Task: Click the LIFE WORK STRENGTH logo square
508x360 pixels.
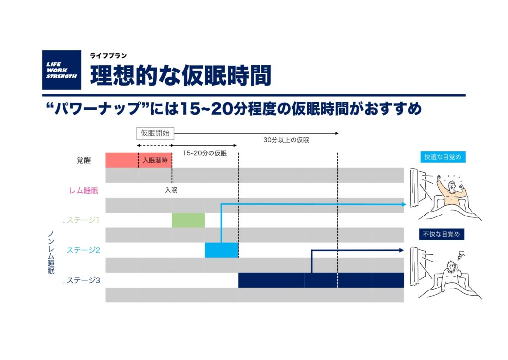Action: coord(62,70)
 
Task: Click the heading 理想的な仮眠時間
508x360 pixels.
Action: coord(181,75)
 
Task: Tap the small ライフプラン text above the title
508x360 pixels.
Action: coord(108,56)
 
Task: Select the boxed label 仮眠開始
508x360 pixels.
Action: coord(155,133)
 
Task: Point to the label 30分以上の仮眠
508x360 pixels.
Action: coord(286,140)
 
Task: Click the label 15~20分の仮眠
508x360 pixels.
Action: coord(205,153)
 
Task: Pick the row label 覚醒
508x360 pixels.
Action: coord(83,160)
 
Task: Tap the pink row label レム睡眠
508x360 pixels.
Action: coord(83,190)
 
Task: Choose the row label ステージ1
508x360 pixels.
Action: coord(83,220)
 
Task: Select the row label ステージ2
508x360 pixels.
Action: coord(83,250)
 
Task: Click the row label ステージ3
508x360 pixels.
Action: coord(83,280)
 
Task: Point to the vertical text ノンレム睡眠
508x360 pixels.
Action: coord(51,252)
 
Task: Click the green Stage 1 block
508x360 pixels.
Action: coord(188,220)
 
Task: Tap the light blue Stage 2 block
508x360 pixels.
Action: coord(222,250)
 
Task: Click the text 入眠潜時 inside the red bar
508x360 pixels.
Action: coord(155,160)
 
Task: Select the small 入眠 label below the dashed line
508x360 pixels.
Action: coord(171,190)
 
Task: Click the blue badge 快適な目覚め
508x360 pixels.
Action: coord(443,157)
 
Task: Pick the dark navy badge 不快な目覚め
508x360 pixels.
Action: coord(442,234)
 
